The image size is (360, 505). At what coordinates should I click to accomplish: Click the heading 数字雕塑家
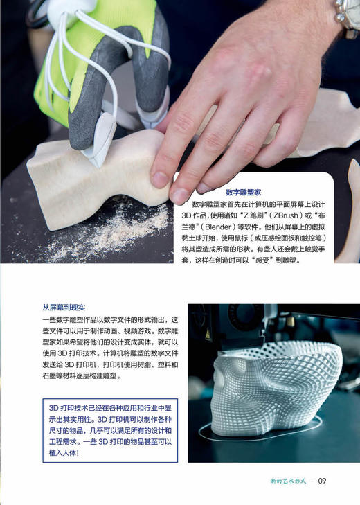pyautogui.click(x=249, y=192)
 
